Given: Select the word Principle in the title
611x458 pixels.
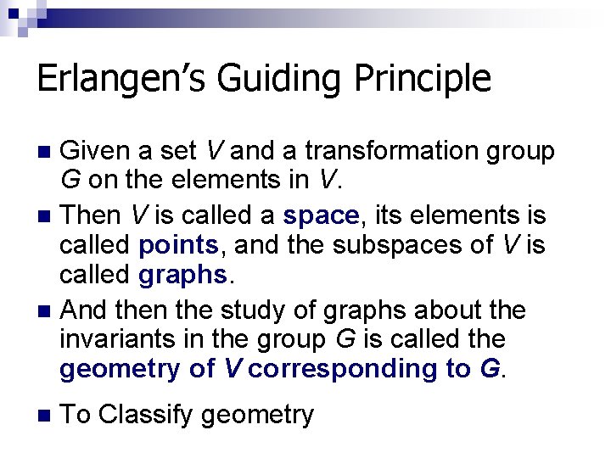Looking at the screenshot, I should (423, 79).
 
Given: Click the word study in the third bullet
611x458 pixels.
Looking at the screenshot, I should (241, 310).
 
